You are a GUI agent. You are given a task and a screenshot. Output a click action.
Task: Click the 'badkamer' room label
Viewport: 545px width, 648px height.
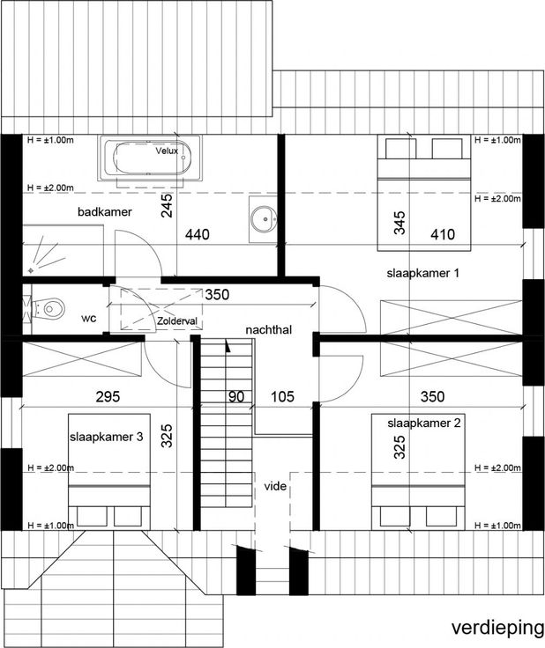(105, 212)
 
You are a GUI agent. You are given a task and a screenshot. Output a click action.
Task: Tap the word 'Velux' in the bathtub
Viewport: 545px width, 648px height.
(167, 151)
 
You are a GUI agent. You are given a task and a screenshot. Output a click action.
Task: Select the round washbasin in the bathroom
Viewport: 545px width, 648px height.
(263, 217)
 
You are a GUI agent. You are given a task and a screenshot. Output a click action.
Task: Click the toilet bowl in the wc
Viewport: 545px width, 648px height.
(51, 308)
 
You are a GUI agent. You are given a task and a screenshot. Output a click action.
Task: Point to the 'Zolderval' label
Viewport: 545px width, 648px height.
(177, 321)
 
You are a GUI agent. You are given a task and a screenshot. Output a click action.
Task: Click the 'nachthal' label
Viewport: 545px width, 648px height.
(269, 330)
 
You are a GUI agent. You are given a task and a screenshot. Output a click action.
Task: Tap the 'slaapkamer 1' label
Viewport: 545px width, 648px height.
(423, 273)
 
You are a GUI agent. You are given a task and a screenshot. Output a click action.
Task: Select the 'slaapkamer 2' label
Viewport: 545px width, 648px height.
(424, 423)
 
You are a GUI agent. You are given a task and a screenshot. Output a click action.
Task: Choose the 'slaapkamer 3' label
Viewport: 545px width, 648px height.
(107, 437)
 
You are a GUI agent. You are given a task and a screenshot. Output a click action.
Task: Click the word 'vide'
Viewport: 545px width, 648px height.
(275, 486)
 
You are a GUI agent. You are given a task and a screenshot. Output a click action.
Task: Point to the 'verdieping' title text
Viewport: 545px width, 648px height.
(497, 628)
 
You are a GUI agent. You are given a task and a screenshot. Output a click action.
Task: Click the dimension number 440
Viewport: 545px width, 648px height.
(198, 235)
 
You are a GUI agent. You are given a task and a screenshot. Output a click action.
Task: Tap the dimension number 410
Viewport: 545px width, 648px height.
(443, 235)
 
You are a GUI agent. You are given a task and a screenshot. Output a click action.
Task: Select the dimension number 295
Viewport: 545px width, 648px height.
(108, 397)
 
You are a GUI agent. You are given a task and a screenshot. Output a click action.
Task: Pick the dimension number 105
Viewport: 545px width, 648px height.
(282, 397)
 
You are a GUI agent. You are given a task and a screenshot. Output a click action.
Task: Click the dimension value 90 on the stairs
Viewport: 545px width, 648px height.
(236, 397)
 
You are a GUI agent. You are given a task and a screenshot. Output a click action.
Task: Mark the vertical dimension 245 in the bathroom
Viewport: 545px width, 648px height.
(167, 206)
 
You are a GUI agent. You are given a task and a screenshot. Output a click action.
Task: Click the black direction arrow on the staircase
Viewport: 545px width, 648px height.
(228, 346)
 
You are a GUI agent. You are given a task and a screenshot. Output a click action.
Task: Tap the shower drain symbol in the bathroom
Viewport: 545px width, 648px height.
(31, 270)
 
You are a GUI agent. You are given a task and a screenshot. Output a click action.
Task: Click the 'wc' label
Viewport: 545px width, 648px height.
(89, 318)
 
